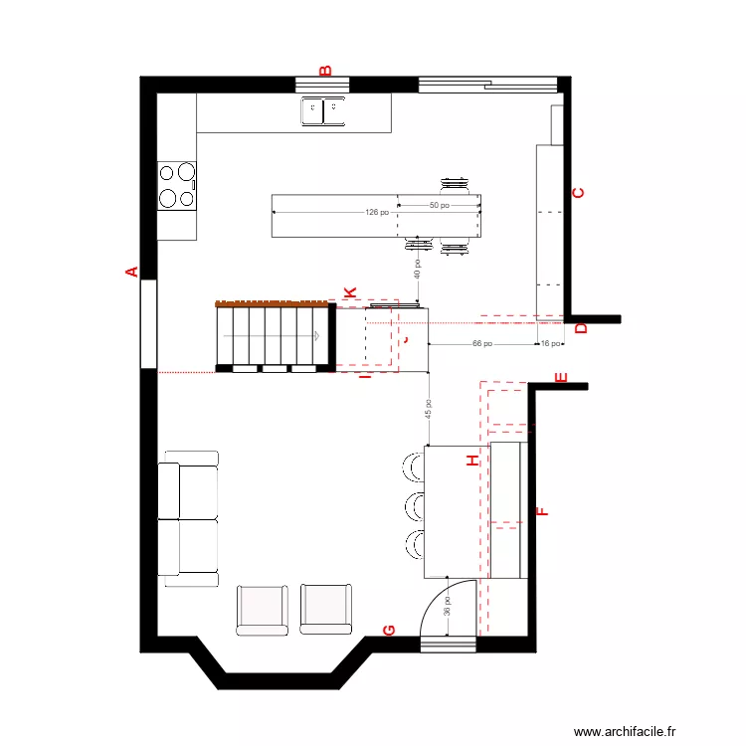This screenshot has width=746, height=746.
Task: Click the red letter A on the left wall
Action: click(x=129, y=271)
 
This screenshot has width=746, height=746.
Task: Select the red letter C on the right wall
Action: click(x=578, y=194)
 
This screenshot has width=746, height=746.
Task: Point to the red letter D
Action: click(x=582, y=329)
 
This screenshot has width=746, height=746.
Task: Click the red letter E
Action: click(x=561, y=378)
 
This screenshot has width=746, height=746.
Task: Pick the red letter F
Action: click(x=542, y=512)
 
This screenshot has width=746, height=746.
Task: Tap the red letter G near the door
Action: click(x=389, y=631)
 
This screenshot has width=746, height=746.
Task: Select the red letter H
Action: click(x=472, y=461)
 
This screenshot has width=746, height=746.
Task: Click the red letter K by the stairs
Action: click(x=349, y=292)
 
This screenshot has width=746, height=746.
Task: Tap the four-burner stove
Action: click(x=177, y=185)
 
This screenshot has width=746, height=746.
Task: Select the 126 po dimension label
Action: click(x=377, y=212)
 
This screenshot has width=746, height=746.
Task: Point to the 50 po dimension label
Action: click(x=439, y=206)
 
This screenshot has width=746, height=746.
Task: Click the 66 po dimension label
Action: click(x=481, y=343)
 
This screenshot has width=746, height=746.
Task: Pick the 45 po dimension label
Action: click(x=429, y=408)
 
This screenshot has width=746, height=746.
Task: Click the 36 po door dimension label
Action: click(x=448, y=606)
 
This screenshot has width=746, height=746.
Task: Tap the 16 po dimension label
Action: click(x=548, y=343)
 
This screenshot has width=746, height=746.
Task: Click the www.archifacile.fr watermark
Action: click(x=625, y=731)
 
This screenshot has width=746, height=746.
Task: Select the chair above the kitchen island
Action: click(x=456, y=184)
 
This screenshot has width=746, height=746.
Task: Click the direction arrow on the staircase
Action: click(x=315, y=335)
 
